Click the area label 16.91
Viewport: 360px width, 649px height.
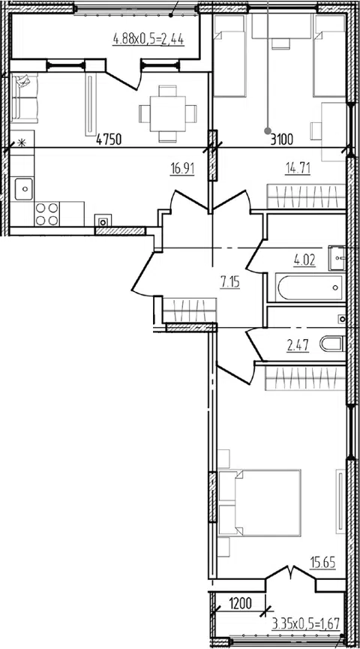[x=182, y=170]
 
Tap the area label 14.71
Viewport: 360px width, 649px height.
[x=298, y=169]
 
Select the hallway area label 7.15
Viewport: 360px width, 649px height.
[x=229, y=283]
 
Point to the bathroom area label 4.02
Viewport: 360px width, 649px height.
[x=304, y=261]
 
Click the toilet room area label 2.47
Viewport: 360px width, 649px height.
[x=298, y=345]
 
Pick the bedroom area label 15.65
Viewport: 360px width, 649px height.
[x=322, y=563]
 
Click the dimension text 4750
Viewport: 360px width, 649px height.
[x=109, y=140]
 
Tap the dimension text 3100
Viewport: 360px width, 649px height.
[x=281, y=140]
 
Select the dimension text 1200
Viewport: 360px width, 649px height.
[x=241, y=604]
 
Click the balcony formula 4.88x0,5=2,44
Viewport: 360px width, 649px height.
[x=148, y=41]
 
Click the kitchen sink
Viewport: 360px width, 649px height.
[x=25, y=189]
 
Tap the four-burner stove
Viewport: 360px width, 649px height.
[x=46, y=214]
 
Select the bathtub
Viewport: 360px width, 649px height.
[x=310, y=287]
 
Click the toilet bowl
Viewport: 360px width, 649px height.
[x=331, y=344]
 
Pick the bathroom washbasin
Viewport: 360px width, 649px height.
[x=337, y=258]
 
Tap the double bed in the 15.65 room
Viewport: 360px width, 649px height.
[x=259, y=503]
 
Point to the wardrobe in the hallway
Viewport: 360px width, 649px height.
[x=190, y=310]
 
